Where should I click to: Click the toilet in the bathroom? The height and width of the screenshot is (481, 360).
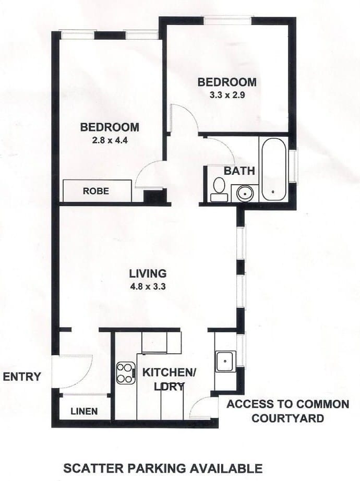click(x=218, y=188)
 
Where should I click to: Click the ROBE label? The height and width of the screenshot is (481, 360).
click(x=96, y=191)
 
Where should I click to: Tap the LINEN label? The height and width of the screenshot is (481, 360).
click(x=84, y=411)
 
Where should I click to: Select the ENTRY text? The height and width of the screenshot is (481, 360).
click(x=22, y=377)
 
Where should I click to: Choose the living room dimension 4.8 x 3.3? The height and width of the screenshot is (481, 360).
click(x=148, y=285)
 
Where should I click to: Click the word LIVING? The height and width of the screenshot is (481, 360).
click(x=148, y=273)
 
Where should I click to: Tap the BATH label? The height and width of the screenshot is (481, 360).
click(x=239, y=171)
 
